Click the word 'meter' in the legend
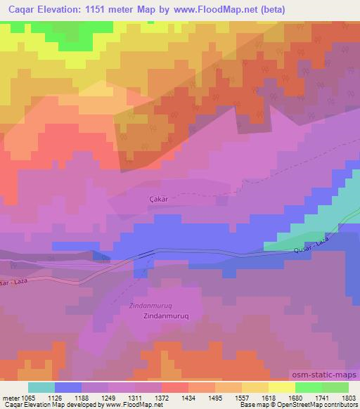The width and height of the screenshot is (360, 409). point(13,397)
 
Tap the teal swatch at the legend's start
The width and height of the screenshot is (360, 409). point(41,387)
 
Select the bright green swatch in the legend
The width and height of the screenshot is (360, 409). point(309,387)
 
